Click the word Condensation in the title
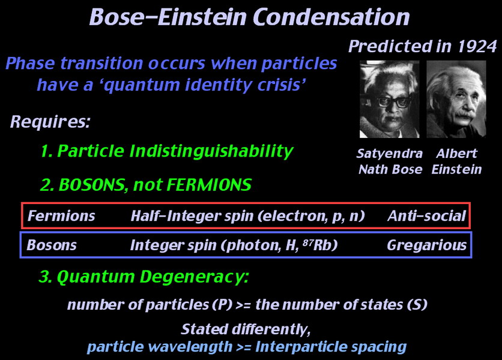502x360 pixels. click(x=331, y=17)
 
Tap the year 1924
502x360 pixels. click(x=477, y=46)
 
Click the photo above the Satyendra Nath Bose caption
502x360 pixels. click(x=389, y=99)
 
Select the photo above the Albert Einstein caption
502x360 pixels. click(x=456, y=99)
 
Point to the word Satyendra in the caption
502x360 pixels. click(x=389, y=154)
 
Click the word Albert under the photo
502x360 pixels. click(x=456, y=154)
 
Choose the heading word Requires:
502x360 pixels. click(x=50, y=122)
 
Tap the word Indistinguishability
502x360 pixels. click(x=211, y=151)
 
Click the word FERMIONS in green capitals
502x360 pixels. click(x=209, y=185)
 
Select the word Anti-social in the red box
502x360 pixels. click(x=426, y=216)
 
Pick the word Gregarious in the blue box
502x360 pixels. click(x=426, y=245)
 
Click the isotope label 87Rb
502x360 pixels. click(x=320, y=245)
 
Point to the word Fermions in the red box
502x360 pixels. click(x=61, y=216)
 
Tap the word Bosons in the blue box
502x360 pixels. click(x=52, y=245)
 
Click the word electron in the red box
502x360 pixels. click(x=296, y=217)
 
